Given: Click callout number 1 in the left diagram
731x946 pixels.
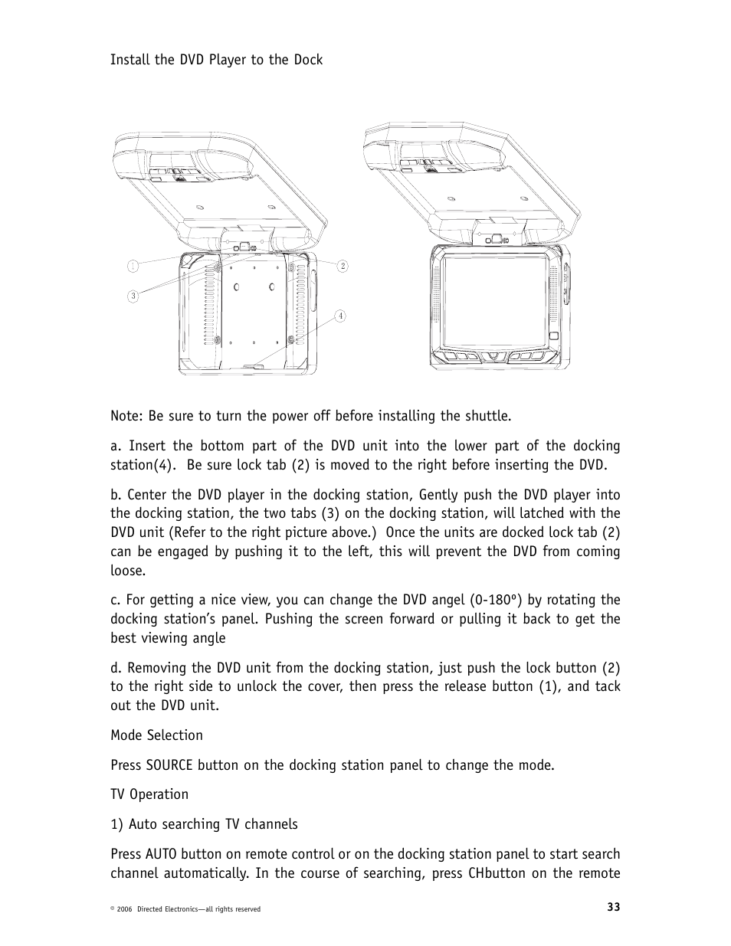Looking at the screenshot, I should coord(133,266).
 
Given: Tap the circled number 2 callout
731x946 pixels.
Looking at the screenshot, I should coord(343,266).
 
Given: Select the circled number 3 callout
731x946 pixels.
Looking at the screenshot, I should coord(133,296).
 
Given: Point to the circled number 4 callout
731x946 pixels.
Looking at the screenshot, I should coord(339,316).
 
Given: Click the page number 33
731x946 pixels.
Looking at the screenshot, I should coord(613,907).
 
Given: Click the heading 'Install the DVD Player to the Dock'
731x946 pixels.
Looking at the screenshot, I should coord(216,60).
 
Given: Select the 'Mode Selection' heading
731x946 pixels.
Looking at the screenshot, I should coord(156,735).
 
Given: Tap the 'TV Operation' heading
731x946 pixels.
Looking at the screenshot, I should coord(149,794).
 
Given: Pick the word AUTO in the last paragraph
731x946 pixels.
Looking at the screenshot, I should coord(162,854).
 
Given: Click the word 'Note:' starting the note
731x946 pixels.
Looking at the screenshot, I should coord(126,416).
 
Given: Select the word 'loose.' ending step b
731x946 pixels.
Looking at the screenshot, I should coord(127,571).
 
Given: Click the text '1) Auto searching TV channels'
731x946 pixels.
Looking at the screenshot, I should coord(204,824).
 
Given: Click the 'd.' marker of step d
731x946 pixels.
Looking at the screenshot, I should coord(116,668).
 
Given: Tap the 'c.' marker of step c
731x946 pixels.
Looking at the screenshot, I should coord(116,600).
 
